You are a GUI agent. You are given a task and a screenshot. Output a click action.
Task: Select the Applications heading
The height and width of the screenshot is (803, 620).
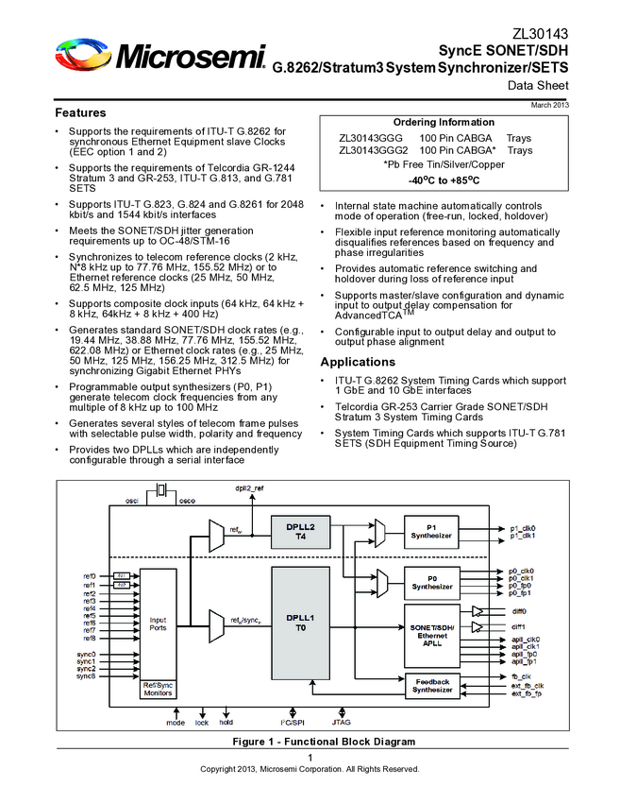click(358, 362)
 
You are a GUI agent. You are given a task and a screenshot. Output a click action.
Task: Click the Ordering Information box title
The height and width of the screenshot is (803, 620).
click(443, 122)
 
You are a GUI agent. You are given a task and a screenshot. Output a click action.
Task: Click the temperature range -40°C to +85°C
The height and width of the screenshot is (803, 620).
click(443, 179)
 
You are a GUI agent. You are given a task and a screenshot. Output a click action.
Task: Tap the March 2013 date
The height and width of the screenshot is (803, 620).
click(550, 104)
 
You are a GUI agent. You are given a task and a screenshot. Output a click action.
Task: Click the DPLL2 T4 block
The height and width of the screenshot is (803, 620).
click(299, 530)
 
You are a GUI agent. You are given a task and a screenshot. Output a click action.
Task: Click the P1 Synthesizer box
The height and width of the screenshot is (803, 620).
click(431, 531)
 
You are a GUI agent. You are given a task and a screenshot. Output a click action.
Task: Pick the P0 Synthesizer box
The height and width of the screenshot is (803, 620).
click(431, 581)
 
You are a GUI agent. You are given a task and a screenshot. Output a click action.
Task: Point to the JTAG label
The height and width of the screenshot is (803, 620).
click(342, 723)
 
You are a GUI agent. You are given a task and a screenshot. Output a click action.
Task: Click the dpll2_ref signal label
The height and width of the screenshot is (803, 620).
click(249, 488)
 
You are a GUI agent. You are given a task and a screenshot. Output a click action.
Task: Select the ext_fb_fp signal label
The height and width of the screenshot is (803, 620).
click(526, 694)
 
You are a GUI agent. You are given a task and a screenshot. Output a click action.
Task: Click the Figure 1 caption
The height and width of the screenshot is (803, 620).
click(310, 742)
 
